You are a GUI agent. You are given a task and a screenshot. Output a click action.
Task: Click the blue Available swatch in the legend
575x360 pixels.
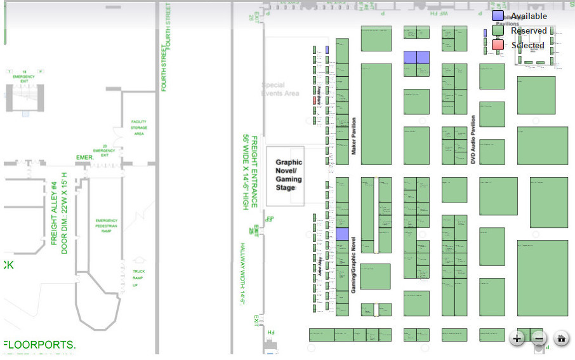coord(498,16)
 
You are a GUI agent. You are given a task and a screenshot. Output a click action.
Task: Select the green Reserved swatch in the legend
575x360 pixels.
coord(498,30)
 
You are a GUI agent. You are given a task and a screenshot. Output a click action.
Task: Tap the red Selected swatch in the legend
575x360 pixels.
coord(498,45)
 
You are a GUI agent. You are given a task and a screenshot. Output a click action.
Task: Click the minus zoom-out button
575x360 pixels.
coord(539,338)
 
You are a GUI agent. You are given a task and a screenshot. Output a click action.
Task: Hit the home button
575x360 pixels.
coord(561,338)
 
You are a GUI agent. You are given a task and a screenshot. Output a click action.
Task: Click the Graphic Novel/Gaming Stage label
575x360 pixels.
coord(288,175)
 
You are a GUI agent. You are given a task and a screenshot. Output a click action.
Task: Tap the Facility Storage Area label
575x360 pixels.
coord(139,128)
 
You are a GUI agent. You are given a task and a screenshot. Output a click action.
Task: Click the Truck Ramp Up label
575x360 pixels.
coord(138,278)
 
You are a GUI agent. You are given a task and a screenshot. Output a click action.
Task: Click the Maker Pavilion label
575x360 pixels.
coord(354,137)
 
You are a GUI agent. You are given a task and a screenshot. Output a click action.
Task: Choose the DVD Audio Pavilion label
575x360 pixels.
coord(473,140)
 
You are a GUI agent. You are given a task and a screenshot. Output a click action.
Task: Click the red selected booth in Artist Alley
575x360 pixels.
coord(314,100)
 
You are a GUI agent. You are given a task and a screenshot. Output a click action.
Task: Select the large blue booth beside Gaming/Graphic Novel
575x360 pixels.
coord(342,234)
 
